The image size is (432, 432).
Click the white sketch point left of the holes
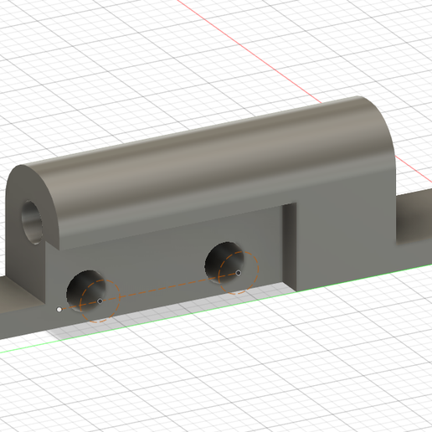point(59,309)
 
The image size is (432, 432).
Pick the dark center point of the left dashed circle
point(100,301)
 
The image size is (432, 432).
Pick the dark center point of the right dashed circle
point(239,272)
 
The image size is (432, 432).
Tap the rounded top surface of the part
point(209,151)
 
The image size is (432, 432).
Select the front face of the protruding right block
point(343,234)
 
